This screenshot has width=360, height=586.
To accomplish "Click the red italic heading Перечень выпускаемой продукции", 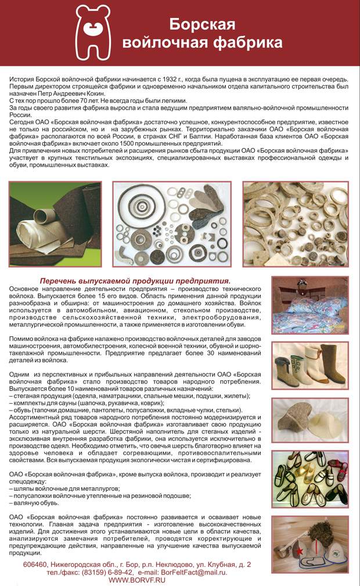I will point(135,280).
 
